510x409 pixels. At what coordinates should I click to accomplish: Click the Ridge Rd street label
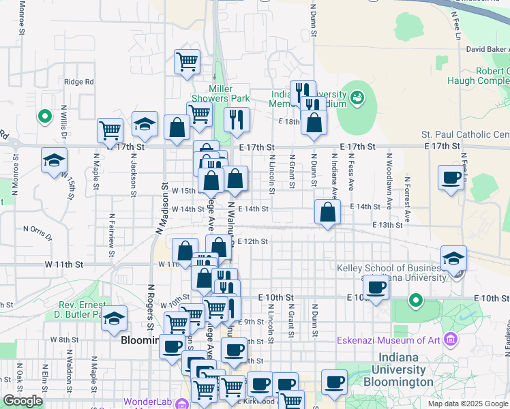79,82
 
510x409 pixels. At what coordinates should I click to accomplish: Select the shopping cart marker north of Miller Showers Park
187,61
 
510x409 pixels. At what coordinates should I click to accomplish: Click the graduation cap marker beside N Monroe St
55,160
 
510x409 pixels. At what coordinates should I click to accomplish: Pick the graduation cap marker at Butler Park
115,317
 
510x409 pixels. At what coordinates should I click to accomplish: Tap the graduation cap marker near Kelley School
453,258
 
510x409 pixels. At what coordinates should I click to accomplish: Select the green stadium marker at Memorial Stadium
357,99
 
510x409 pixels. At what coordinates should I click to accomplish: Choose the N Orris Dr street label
37,232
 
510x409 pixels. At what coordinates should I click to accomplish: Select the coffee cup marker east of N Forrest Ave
451,177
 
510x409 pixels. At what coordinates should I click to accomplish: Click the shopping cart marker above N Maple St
110,129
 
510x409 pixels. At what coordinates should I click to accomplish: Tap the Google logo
22,401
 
